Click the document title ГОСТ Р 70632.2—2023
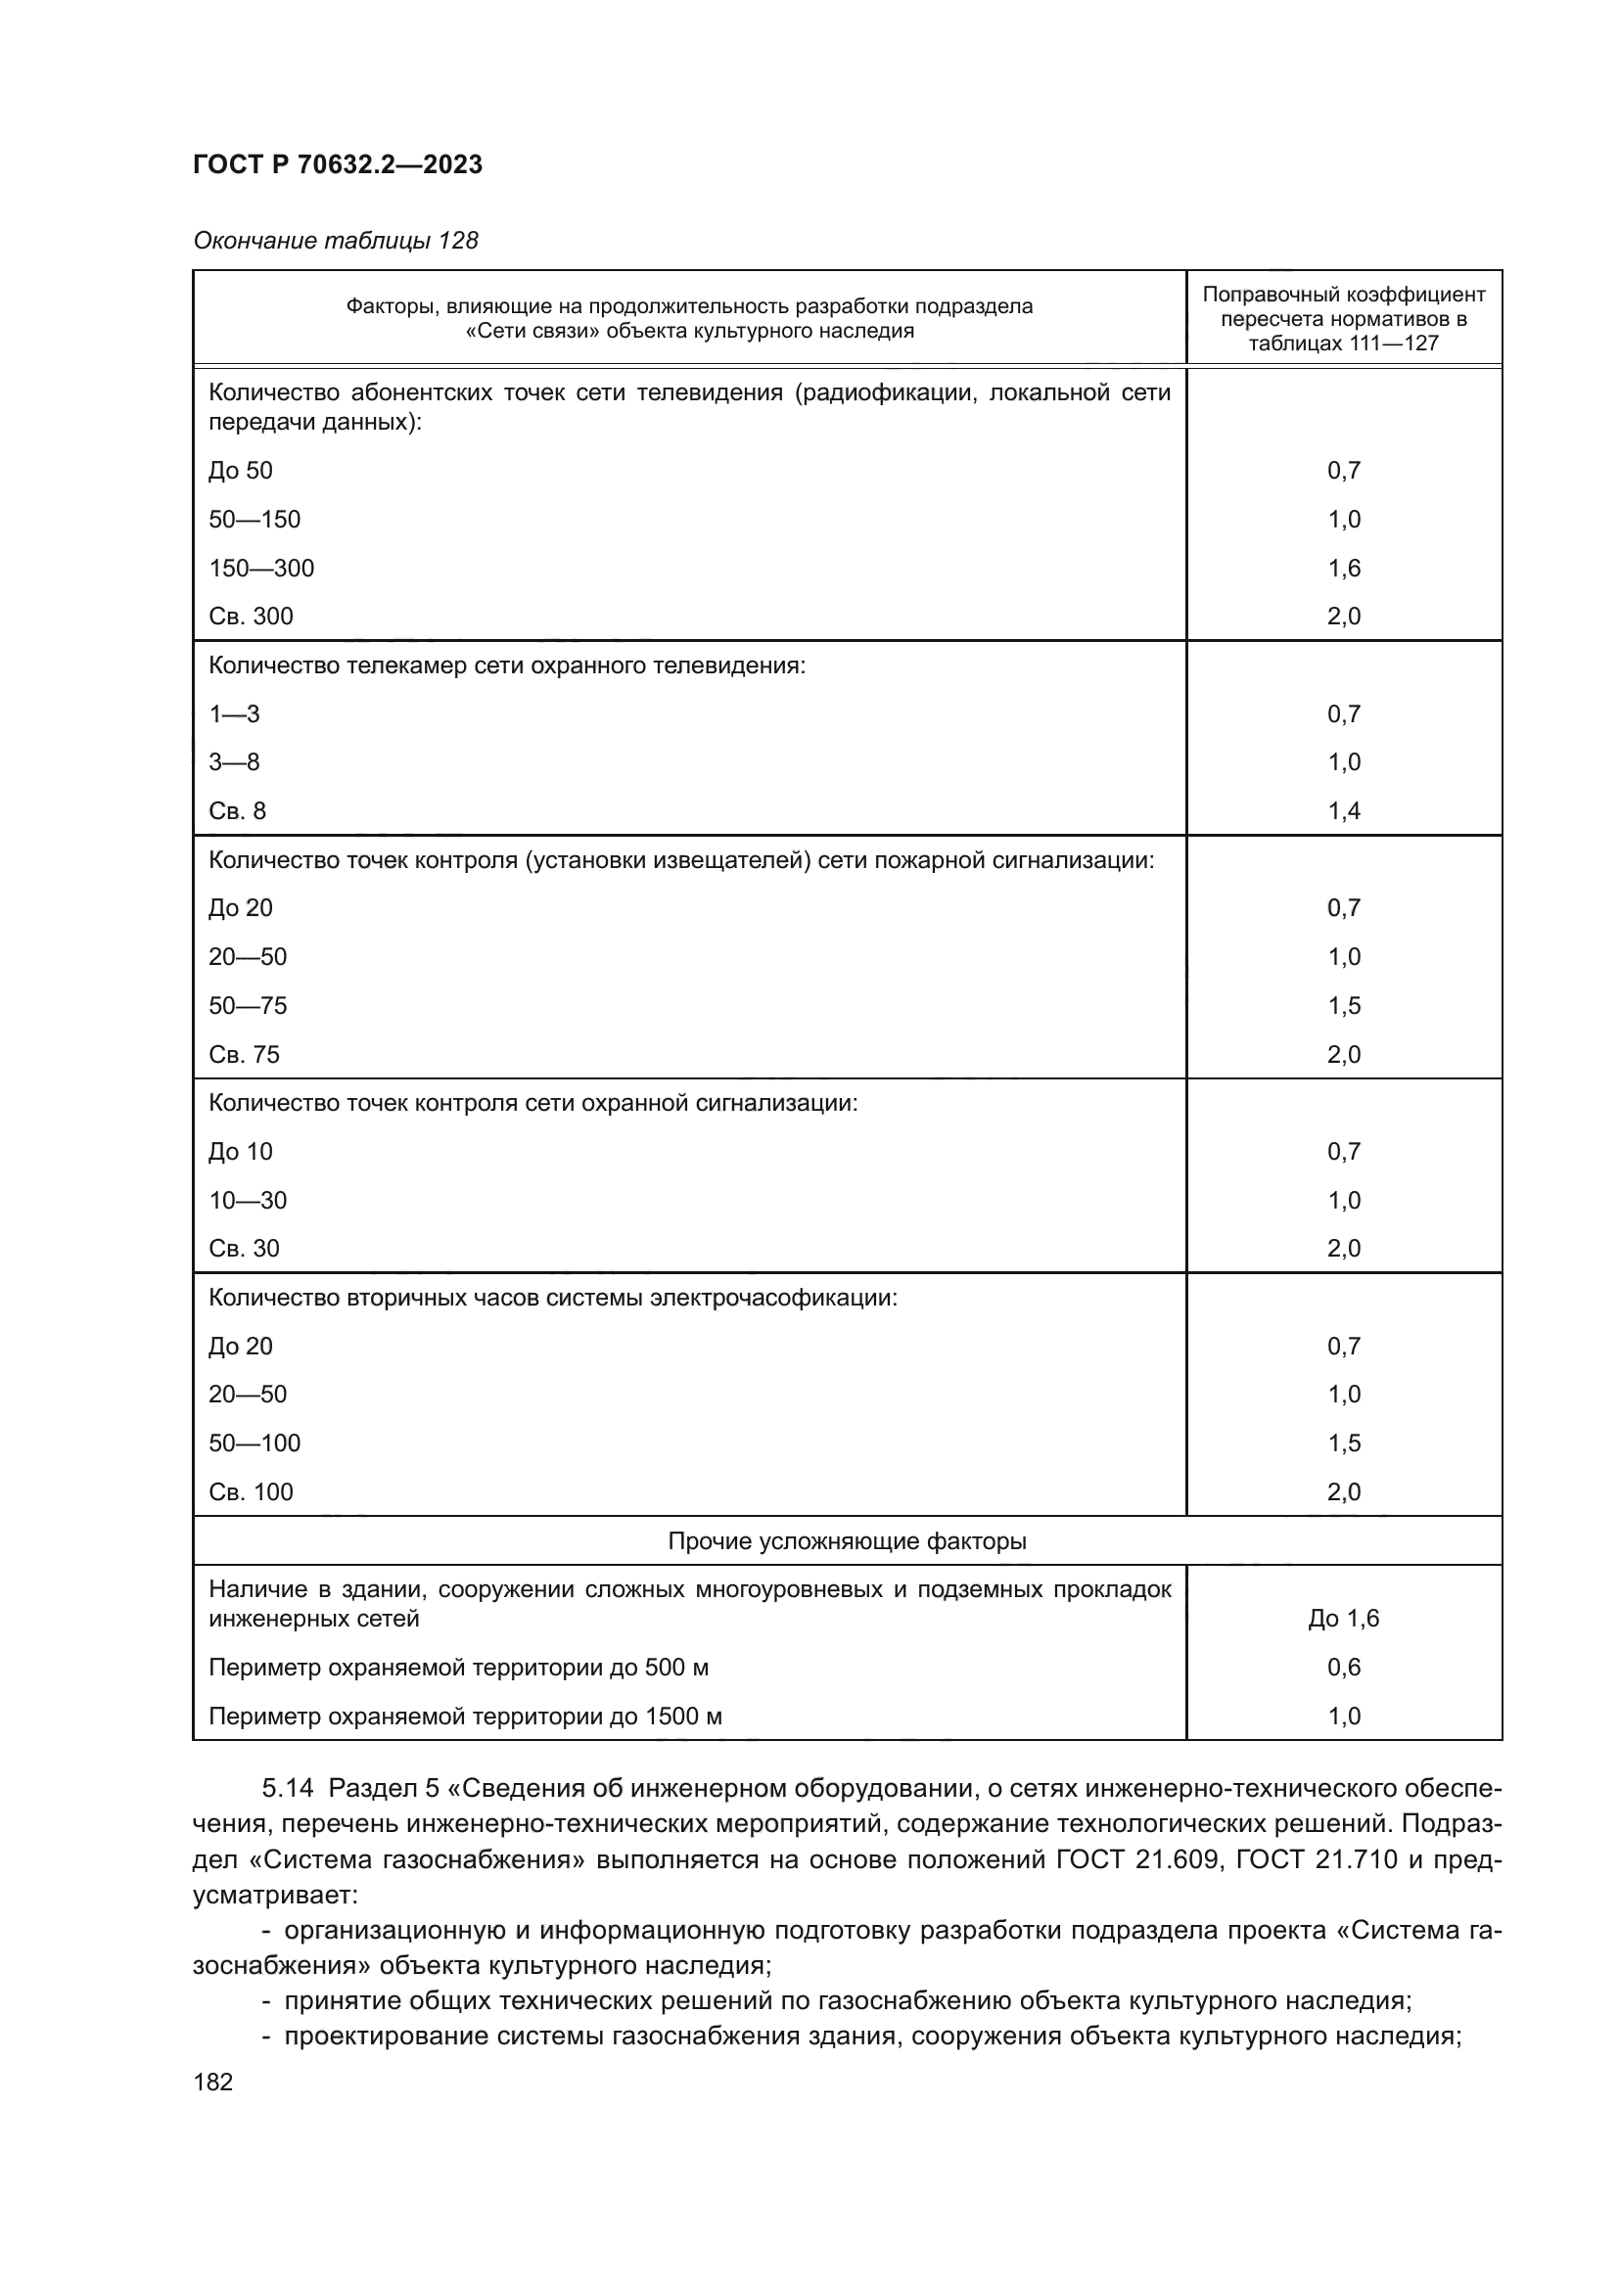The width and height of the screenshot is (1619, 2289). [337, 164]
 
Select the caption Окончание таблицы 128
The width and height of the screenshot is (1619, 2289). [335, 241]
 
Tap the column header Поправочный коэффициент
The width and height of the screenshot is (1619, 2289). [1343, 296]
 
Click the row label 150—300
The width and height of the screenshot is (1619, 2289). [261, 569]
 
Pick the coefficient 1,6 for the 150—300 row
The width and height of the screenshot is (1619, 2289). [1343, 569]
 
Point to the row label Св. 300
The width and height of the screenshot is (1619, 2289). [252, 617]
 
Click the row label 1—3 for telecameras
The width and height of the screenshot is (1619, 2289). [234, 713]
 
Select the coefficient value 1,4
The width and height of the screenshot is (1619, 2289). [1343, 811]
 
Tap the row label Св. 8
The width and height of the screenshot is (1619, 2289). [237, 811]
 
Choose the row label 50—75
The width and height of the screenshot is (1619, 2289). [248, 1006]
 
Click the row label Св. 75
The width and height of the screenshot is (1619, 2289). [245, 1055]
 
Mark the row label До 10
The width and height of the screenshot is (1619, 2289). [240, 1153]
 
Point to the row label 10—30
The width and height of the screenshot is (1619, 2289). [248, 1201]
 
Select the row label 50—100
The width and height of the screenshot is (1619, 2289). [254, 1443]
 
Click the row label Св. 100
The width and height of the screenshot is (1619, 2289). [252, 1492]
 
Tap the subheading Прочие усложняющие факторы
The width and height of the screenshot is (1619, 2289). [847, 1541]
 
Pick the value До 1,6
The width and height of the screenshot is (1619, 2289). [1343, 1618]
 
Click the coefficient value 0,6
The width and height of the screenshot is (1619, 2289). [1343, 1667]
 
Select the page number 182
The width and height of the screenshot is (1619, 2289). [212, 2082]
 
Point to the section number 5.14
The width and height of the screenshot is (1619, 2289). [287, 1789]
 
